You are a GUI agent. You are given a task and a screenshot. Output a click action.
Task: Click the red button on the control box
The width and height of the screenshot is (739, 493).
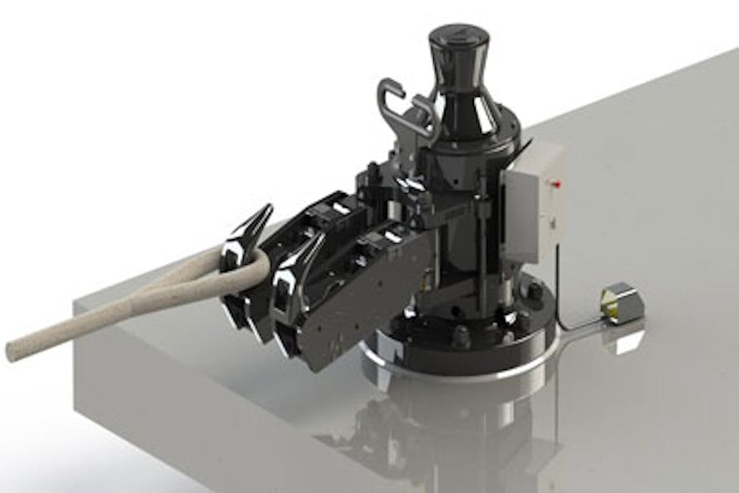[x=553, y=180]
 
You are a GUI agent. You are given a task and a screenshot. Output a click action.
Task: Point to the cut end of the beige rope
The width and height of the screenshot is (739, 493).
[x=15, y=351]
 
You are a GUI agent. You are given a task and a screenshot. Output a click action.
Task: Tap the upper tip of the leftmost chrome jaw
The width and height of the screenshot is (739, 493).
[x=268, y=208]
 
